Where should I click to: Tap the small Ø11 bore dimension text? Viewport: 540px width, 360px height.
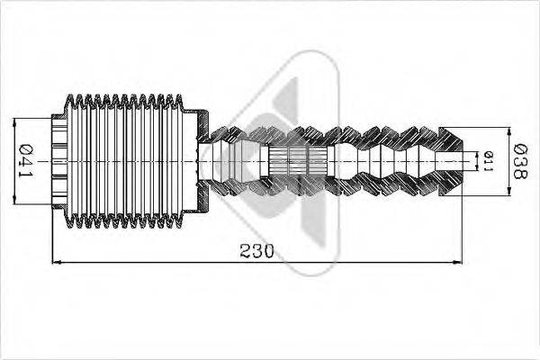pos(488,161)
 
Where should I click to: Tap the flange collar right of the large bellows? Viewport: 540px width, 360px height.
pos(196,162)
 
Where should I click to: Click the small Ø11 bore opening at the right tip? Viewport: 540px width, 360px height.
pos(469,161)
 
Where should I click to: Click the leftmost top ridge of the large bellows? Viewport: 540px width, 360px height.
pos(73,97)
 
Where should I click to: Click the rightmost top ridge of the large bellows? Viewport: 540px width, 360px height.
pos(177,97)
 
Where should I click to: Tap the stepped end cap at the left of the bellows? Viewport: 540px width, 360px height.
pos(59,162)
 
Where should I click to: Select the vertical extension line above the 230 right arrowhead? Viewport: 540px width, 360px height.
pos(461,225)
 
